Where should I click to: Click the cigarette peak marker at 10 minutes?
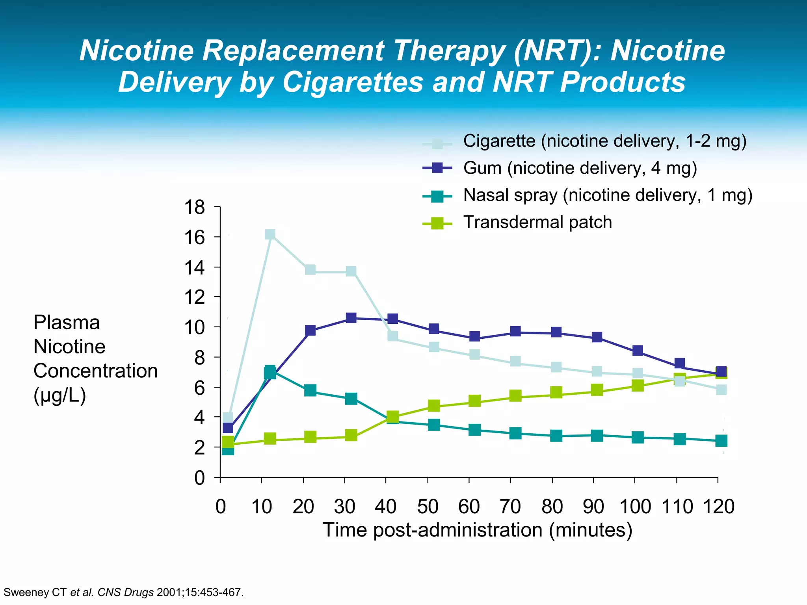tap(270, 235)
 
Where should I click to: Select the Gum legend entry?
tap(580, 168)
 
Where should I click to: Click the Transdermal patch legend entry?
tap(537, 223)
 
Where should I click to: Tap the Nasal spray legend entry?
tap(607, 195)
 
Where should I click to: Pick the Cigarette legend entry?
tap(604, 141)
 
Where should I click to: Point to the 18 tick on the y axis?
tap(195, 207)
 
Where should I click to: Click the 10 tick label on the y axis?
tap(195, 327)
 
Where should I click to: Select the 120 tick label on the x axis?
tap(719, 507)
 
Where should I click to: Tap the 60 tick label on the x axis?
tap(469, 507)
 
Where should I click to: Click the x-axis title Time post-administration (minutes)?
tap(477, 530)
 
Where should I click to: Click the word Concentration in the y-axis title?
tap(95, 371)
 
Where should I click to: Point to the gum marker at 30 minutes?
tap(351, 318)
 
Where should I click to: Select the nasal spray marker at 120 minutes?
tap(721, 441)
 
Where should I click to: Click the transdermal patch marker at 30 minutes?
tap(351, 436)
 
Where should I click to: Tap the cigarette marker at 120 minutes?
tap(721, 390)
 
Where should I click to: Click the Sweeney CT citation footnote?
tap(123, 592)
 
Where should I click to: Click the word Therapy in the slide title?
tap(449, 50)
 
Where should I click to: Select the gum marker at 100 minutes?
tap(638, 351)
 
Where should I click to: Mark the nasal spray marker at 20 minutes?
tap(310, 391)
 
